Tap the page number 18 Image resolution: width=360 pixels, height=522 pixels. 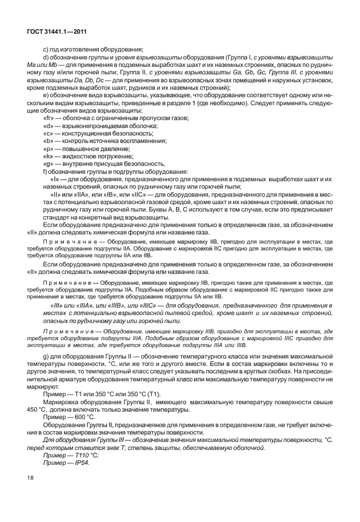click(x=31, y=476)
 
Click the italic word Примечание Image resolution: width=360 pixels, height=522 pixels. click(x=66, y=332)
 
